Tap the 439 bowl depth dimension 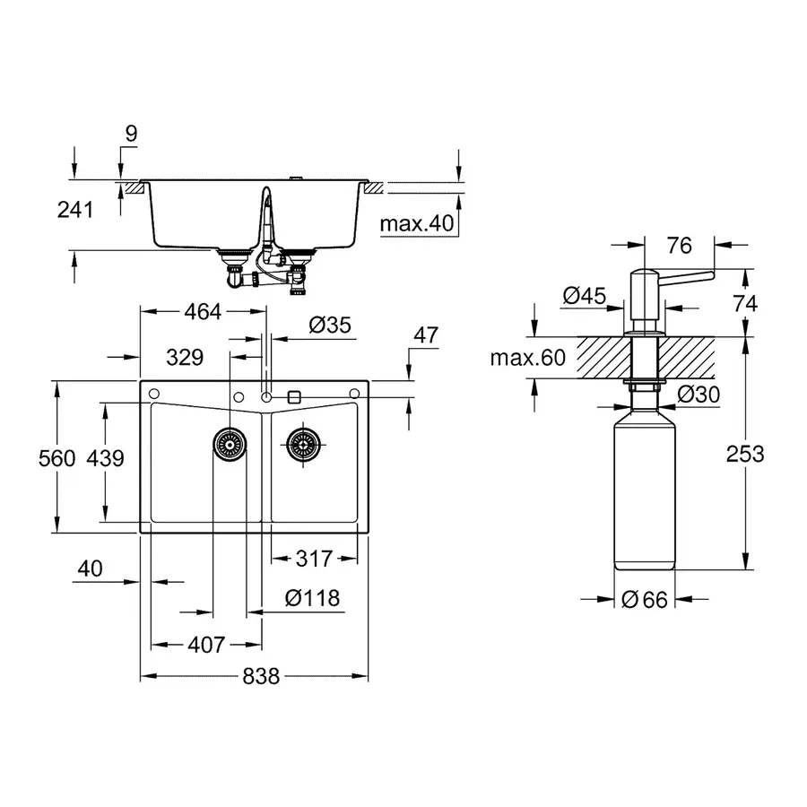(105, 458)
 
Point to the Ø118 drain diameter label (312, 598)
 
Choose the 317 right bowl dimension (314, 559)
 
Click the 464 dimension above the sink (202, 312)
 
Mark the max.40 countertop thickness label (417, 223)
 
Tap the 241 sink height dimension (75, 210)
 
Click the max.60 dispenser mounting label (528, 359)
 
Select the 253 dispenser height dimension (745, 454)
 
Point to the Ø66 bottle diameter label (645, 600)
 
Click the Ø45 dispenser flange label (586, 295)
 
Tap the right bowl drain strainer (302, 440)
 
